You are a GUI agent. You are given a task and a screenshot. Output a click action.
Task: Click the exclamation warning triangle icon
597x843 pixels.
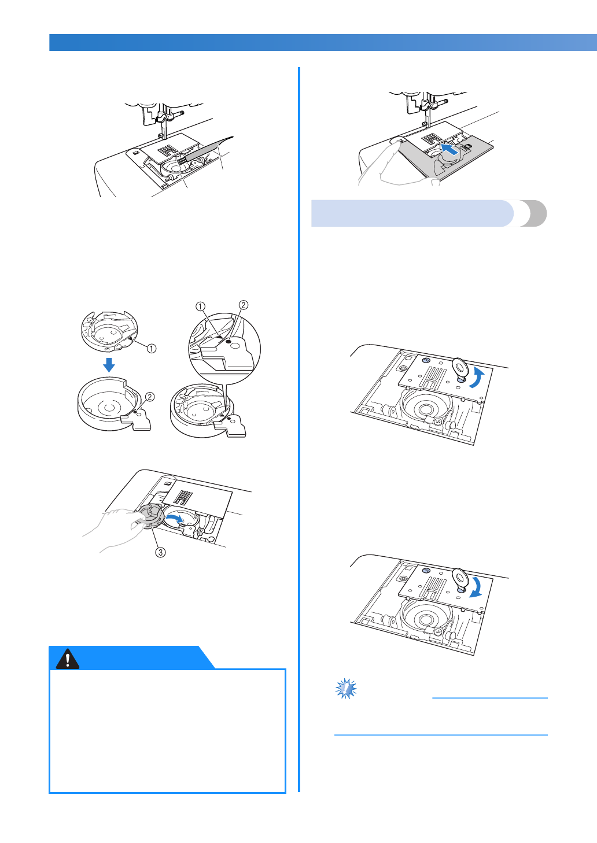pos(67,659)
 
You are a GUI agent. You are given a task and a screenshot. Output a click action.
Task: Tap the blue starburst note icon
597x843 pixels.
pos(346,689)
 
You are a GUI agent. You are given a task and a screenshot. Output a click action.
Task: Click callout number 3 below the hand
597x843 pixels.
pos(160,552)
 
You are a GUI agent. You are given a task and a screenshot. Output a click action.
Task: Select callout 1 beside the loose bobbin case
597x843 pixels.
pos(152,349)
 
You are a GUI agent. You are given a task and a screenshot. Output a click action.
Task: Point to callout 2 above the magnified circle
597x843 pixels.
pos(244,305)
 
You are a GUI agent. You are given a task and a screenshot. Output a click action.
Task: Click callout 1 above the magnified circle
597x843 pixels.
pos(201,306)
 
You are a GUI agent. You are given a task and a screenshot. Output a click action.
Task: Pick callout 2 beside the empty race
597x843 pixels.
pos(149,397)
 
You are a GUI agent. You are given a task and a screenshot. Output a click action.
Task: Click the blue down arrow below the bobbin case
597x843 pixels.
pos(109,365)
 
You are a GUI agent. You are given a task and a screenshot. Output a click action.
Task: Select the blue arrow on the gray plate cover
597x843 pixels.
pos(450,149)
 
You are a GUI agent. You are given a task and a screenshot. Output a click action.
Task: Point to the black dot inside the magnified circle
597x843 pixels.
pos(228,341)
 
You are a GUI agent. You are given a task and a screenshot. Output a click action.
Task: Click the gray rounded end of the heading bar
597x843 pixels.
pos(535,213)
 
